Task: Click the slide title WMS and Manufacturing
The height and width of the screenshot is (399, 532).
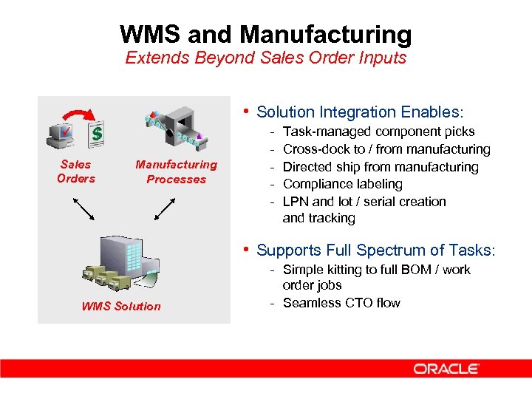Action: coord(266,34)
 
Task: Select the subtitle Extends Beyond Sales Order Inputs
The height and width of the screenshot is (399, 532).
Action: coord(266,58)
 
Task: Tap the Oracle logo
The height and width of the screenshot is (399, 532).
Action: coord(446,368)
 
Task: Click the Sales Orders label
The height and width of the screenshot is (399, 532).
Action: coord(76,171)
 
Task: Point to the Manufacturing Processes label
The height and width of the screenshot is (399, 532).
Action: coord(176,171)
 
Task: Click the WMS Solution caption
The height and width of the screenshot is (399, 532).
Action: coord(121,306)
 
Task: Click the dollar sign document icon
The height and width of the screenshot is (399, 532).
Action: coord(95,134)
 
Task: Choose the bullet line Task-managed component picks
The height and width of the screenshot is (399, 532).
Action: coord(379,132)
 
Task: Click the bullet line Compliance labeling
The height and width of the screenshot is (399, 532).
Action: coord(342,184)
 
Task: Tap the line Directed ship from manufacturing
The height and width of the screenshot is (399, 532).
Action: coord(381,167)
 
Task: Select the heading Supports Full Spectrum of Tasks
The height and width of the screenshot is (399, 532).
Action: coord(375,250)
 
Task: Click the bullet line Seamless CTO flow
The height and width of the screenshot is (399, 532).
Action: coord(341,303)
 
